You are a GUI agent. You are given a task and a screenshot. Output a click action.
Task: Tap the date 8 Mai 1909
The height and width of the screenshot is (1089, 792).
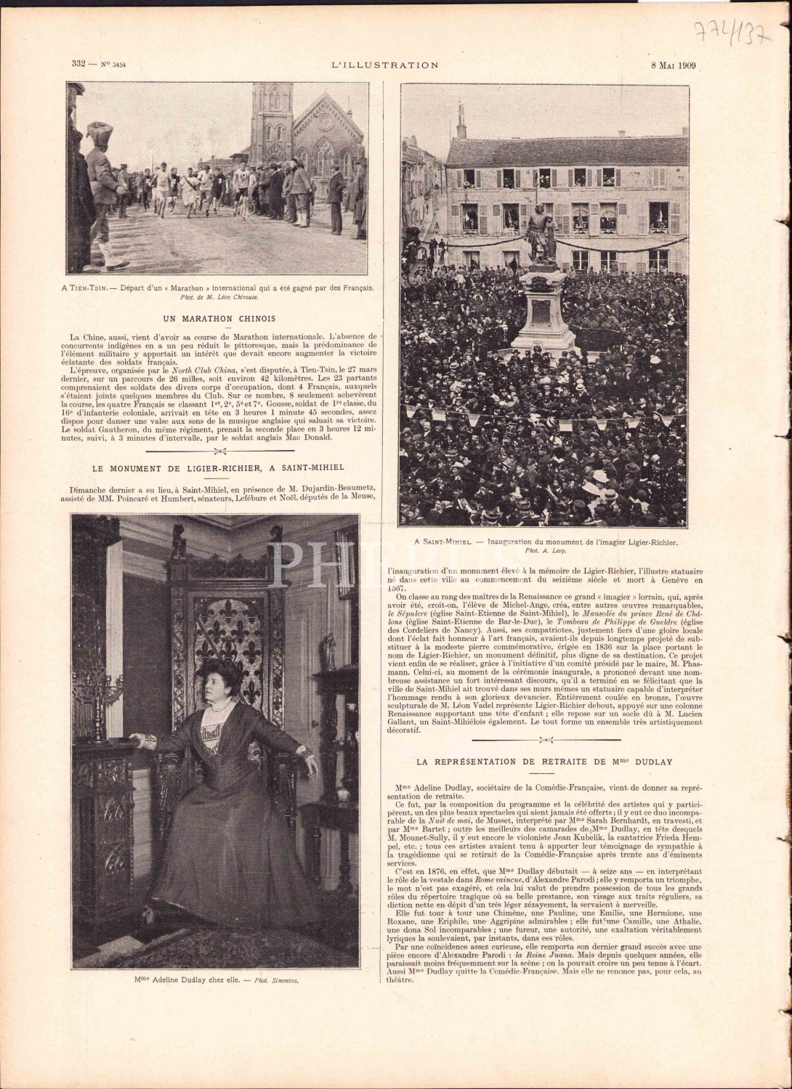click(674, 65)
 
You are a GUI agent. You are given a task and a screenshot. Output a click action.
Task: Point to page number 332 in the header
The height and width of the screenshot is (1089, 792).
click(80, 65)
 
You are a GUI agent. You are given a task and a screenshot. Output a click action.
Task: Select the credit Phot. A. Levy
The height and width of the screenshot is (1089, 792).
click(545, 552)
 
